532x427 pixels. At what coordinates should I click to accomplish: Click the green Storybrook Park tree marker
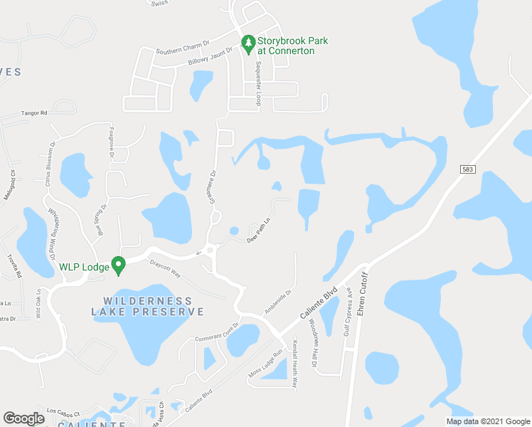click(248, 45)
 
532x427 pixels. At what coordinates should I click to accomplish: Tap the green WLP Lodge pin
click(119, 266)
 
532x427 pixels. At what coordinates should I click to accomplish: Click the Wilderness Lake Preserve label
click(148, 306)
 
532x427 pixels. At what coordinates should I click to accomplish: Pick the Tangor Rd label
click(33, 112)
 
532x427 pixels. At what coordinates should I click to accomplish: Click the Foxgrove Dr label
click(111, 135)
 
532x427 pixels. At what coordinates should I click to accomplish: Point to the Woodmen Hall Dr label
click(313, 342)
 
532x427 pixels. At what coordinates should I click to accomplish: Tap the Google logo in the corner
click(23, 418)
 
